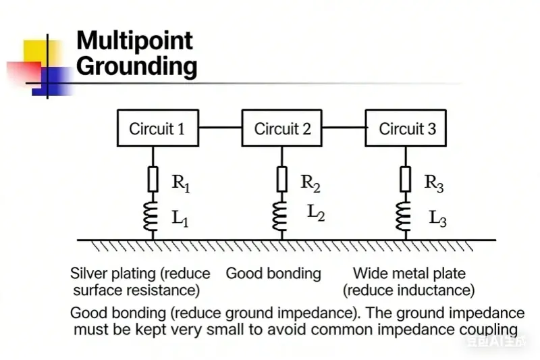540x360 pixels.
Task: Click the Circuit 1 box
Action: [157, 128]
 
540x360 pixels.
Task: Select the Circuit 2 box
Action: [282, 128]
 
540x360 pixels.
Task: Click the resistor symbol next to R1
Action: [153, 180]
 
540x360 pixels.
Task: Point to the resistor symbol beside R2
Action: [282, 180]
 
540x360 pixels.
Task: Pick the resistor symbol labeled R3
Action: [405, 180]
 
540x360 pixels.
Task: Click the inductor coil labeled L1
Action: [153, 215]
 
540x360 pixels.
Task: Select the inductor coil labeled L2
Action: [282, 215]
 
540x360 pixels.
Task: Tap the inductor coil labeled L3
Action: [405, 215]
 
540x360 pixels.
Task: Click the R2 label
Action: [311, 182]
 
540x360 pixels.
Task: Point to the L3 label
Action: [437, 218]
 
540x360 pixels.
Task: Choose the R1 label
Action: [181, 182]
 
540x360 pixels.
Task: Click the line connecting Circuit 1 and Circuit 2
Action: [220, 126]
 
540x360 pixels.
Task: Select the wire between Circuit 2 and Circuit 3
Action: [344, 126]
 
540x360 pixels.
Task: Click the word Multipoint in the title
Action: [134, 41]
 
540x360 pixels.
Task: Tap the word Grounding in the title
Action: [136, 66]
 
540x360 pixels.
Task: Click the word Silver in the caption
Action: [88, 274]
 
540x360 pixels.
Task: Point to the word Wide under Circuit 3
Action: [369, 274]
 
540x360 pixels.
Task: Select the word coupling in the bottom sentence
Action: [487, 330]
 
